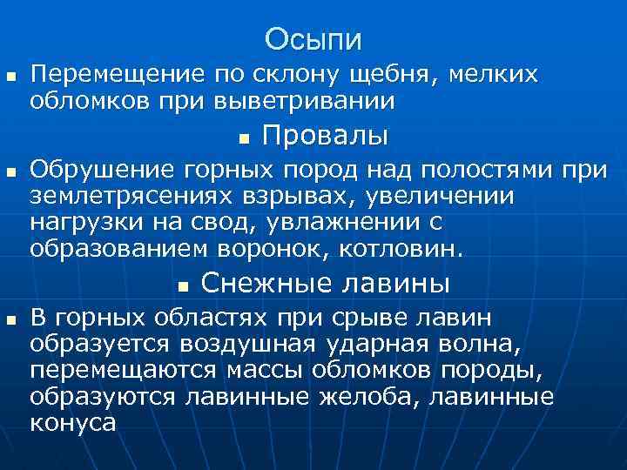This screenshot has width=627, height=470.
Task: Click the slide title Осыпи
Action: [x=313, y=39]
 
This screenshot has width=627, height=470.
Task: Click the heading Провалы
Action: [x=325, y=138]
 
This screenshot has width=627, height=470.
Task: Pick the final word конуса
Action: [x=72, y=424]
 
